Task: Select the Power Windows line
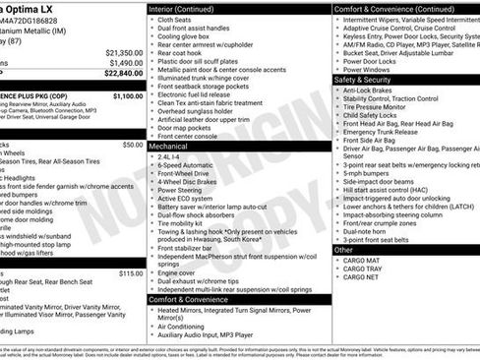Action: click(369, 70)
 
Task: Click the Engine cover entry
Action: click(178, 272)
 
